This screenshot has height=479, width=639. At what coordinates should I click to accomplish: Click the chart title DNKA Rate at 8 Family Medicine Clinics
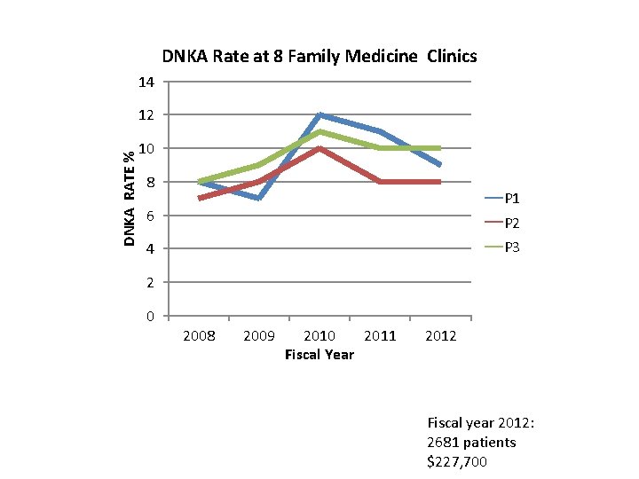tap(319, 57)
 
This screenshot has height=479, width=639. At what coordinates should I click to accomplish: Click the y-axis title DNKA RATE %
tap(130, 198)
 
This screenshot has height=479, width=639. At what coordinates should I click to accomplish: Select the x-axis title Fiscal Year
tap(319, 355)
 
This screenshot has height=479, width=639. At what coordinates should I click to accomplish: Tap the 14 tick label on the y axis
tap(146, 82)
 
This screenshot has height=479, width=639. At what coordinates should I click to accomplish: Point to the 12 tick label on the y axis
tap(146, 115)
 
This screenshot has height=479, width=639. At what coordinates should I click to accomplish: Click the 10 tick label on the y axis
tap(146, 149)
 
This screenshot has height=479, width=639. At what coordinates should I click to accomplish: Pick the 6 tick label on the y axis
tap(150, 216)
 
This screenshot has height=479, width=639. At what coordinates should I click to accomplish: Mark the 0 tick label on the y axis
tap(150, 317)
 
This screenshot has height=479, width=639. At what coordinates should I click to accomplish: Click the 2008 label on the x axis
tap(198, 336)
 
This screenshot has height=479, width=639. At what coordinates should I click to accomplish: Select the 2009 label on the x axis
tap(258, 336)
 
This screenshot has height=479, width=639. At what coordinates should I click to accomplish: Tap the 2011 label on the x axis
tap(380, 336)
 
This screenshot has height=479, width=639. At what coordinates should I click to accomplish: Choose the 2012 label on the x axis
tap(440, 336)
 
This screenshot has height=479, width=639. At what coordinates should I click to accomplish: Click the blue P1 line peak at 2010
tap(319, 115)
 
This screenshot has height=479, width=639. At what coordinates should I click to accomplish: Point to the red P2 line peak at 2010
tap(319, 149)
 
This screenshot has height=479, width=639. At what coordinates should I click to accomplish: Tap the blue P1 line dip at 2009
tap(258, 198)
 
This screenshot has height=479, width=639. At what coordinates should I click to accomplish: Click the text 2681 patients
tap(471, 443)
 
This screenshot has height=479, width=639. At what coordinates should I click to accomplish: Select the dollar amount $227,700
tap(457, 462)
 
